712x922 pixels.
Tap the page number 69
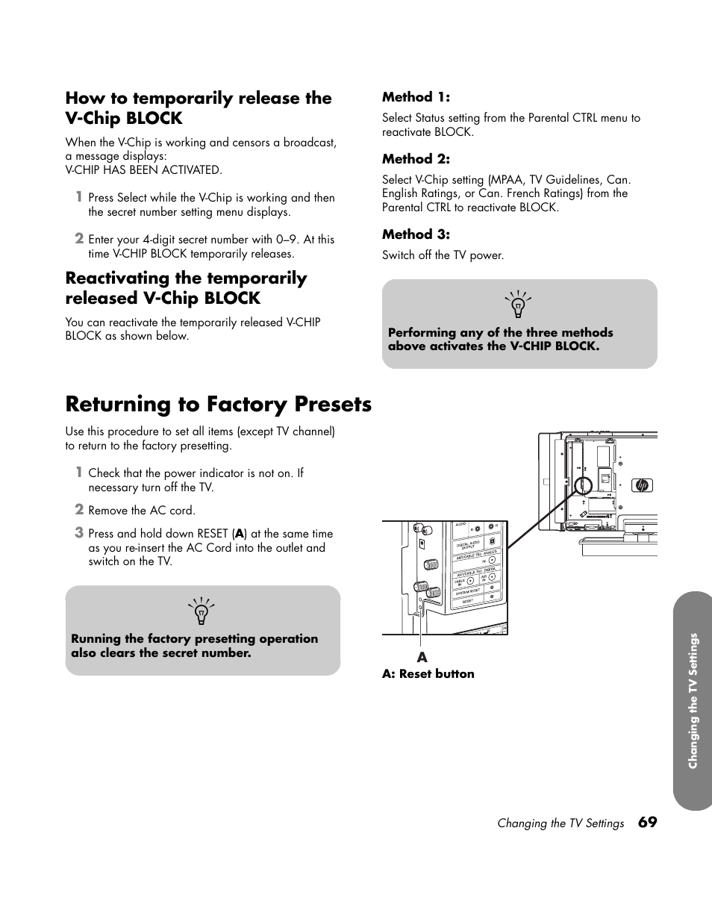point(648,822)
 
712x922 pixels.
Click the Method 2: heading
point(416,159)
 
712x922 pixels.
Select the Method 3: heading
point(416,234)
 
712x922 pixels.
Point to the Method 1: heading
point(416,97)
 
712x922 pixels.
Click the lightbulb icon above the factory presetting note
point(202,611)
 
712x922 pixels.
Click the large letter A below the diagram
point(422,658)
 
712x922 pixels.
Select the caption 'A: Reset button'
point(428,674)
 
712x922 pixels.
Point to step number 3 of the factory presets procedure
point(78,533)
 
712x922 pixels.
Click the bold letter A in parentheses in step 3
point(239,534)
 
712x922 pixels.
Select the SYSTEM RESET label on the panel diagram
point(467,591)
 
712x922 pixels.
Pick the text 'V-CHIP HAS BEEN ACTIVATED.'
point(143,170)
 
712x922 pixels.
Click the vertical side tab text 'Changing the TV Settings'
point(693,700)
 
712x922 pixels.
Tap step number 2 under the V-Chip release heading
point(78,239)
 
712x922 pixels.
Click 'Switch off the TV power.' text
point(443,255)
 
